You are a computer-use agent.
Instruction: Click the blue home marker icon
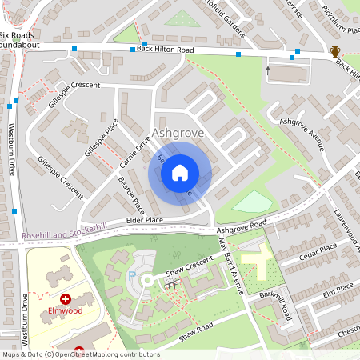tap(180, 172)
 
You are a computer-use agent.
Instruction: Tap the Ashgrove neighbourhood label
tap(178, 132)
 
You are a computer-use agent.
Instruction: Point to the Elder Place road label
tap(144, 220)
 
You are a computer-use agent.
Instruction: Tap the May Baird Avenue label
tap(230, 261)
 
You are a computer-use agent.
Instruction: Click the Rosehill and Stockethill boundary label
tap(54, 227)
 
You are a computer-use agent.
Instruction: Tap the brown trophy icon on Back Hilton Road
tap(334, 52)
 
